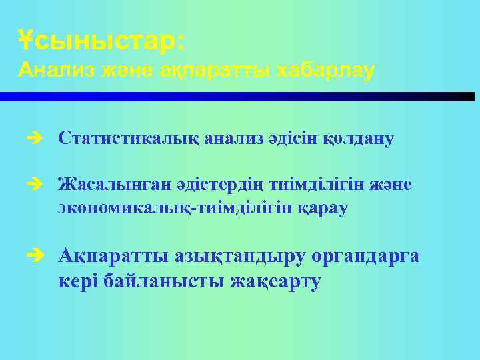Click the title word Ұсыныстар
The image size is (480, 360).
[99, 41]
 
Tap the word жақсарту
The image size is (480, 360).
[275, 281]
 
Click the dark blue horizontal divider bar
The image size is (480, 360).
[240, 97]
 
